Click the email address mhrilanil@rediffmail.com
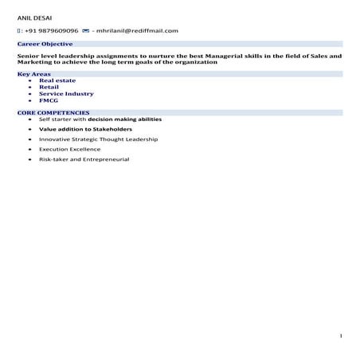138,30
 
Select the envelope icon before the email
86,30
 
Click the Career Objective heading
45,44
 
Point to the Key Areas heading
34,74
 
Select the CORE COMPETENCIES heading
53,113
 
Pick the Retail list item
49,87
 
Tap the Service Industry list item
66,94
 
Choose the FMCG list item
49,100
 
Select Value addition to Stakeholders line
85,129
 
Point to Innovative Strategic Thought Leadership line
98,139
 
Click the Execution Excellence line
70,149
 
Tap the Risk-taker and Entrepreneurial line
84,159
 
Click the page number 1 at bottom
340,337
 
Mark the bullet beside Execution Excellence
30,149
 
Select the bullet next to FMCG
30,101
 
